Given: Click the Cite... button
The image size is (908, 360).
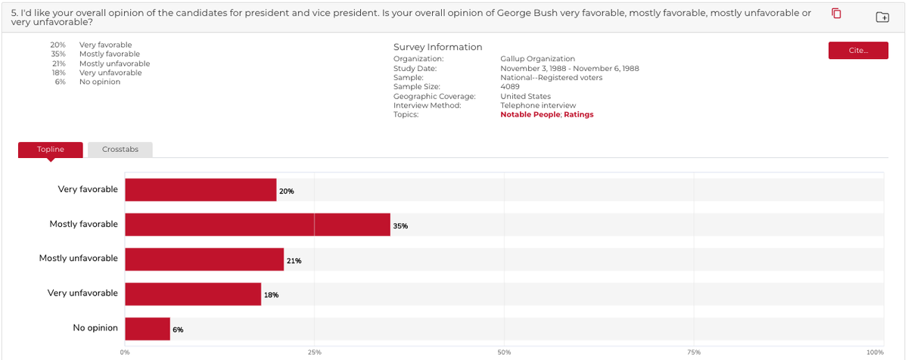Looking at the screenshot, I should [858, 50].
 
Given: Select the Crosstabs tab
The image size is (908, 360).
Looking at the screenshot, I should [120, 150].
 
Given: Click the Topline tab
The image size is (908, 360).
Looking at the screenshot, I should [51, 150].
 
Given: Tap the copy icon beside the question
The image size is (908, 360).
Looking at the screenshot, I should [836, 14].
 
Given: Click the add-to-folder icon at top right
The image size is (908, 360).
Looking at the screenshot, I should [882, 17].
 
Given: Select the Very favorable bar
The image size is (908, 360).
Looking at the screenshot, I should [201, 190].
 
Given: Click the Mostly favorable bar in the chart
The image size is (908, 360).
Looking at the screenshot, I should [257, 225].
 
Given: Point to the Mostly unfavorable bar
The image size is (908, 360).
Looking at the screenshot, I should [204, 259].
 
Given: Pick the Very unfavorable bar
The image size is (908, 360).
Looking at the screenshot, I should [193, 294].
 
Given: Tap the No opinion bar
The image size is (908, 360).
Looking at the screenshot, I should [148, 329].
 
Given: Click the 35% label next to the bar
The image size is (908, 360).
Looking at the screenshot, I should [400, 226].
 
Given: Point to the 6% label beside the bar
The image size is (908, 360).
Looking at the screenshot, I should [178, 330].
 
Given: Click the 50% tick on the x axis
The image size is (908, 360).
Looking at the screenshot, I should [505, 352].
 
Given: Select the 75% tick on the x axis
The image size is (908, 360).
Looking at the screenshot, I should [694, 352].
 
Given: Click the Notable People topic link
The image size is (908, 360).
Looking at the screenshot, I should [530, 115].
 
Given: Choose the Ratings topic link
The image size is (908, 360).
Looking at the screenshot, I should [579, 115].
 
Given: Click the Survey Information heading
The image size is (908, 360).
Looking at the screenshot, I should [437, 47].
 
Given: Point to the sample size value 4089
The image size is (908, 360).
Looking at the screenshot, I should [510, 87].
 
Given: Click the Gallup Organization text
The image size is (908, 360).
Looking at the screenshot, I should [537, 59].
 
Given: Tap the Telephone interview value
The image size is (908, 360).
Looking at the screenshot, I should [538, 106].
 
